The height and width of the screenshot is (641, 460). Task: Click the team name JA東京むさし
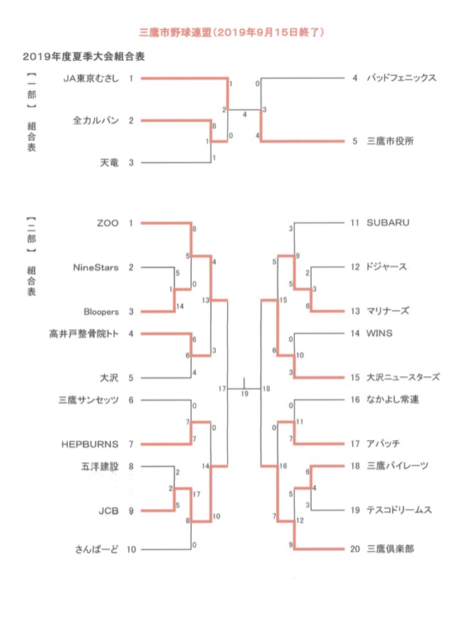pyautogui.click(x=91, y=78)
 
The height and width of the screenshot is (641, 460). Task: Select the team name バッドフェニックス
pyautogui.click(x=401, y=77)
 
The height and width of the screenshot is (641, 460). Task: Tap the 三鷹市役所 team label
pyautogui.click(x=390, y=141)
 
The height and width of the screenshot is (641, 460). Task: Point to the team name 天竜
pyautogui.click(x=109, y=163)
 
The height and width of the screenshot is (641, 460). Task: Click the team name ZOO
pyautogui.click(x=108, y=223)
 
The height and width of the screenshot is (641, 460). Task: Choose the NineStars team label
pyautogui.click(x=96, y=267)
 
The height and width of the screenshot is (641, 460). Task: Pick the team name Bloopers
pyautogui.click(x=101, y=311)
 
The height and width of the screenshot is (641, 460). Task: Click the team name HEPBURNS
pyautogui.click(x=90, y=444)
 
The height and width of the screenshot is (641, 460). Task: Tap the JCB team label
pyautogui.click(x=108, y=510)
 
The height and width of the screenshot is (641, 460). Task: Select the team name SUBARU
pyautogui.click(x=387, y=223)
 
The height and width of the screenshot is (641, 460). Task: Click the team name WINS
pyautogui.click(x=379, y=333)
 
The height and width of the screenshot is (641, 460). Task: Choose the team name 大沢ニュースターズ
pyautogui.click(x=402, y=377)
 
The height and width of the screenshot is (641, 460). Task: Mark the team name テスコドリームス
pyautogui.click(x=399, y=510)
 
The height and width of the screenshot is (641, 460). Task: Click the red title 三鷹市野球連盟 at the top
pyautogui.click(x=175, y=32)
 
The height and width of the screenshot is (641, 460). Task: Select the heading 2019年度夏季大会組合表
pyautogui.click(x=83, y=56)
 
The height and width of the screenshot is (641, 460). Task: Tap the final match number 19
pyautogui.click(x=245, y=394)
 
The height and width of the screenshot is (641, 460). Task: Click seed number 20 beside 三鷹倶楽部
pyautogui.click(x=355, y=549)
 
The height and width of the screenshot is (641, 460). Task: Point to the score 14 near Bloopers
pyautogui.click(x=180, y=306)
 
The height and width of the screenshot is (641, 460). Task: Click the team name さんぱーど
pyautogui.click(x=97, y=549)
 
